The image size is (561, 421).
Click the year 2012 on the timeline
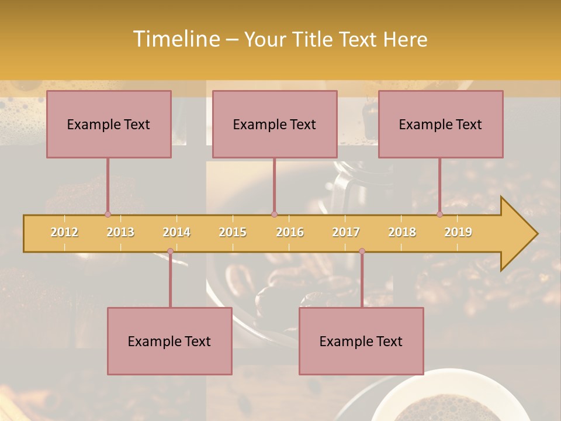pos(64,232)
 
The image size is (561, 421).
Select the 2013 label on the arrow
pos(120,232)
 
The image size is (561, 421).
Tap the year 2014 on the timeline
pos(176,232)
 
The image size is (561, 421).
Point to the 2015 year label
pos(233,232)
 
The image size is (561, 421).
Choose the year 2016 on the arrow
pos(290,232)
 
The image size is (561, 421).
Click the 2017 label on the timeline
pos(346,232)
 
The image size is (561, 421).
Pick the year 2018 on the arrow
pos(402,232)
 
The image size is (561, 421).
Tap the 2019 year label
pos(458,232)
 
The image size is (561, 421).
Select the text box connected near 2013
pos(109,124)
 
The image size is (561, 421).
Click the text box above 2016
pos(275,124)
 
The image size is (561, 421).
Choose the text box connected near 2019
pos(441,124)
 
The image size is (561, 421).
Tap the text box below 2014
pos(169,341)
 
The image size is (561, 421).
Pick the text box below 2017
pos(361,341)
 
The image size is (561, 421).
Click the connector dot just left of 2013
pos(108,214)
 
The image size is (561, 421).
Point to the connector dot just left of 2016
pos(274,214)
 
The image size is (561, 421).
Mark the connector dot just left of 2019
pos(439,214)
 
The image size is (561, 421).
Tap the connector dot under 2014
pos(170,251)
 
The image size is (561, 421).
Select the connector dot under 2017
pos(362,251)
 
